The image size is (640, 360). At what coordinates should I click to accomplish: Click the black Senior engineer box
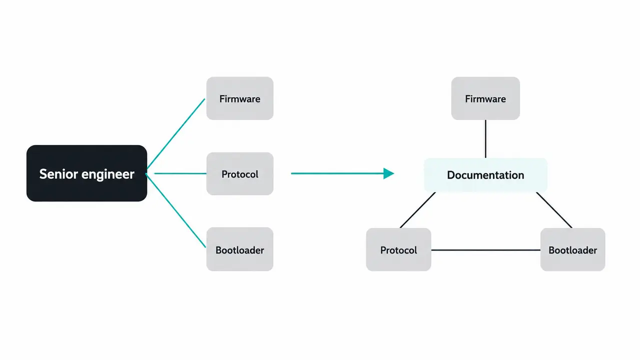coord(87,173)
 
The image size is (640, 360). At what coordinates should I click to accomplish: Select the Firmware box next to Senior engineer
coord(240,98)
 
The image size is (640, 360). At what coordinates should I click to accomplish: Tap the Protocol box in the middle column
coord(240,173)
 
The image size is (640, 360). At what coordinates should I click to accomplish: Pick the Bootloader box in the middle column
coord(240,249)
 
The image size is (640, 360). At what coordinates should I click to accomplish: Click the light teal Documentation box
coord(485,175)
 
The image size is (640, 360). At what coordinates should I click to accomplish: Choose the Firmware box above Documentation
coord(485,98)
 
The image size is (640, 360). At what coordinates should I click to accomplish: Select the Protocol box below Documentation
coord(399,249)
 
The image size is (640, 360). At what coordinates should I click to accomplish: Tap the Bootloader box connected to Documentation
coord(572,249)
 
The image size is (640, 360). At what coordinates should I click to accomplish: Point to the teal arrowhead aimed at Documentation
coord(389,173)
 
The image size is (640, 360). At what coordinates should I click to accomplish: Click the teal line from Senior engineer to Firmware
coord(176,133)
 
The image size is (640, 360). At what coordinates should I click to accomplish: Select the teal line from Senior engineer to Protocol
coord(180,173)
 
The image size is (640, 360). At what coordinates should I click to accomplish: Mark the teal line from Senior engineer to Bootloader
coord(176,210)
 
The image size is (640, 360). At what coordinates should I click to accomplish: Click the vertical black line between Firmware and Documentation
coord(485,138)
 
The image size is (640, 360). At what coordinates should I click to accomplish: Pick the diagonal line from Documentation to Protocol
coord(418,210)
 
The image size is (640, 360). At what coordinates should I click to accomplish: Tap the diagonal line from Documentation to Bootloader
coord(554,210)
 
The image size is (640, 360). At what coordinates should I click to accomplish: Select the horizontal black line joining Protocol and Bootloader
coord(486,250)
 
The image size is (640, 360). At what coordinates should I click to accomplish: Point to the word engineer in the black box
coord(108,174)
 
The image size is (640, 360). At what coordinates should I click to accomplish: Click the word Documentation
coord(485,175)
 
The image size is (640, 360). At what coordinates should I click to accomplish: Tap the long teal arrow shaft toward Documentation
coord(337,173)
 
